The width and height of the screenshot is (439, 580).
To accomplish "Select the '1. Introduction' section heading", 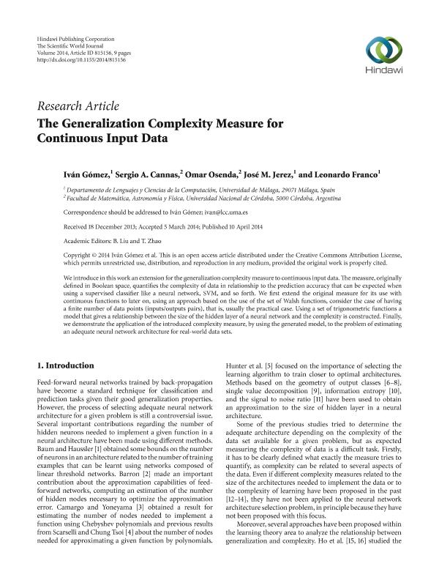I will pyautogui.click(x=65, y=365).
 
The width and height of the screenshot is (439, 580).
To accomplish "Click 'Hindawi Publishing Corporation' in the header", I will pyautogui.click(x=72, y=37).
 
